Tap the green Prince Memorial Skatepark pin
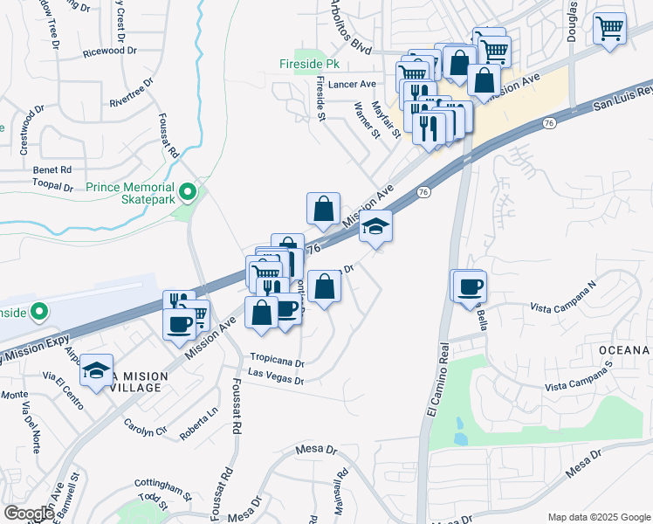[187, 191]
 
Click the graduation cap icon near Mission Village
[98, 371]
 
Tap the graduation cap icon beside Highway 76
[376, 228]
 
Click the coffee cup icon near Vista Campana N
[469, 286]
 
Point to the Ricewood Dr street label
[111, 51]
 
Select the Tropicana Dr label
[278, 359]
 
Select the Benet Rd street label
[52, 169]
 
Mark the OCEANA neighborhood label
[624, 350]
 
